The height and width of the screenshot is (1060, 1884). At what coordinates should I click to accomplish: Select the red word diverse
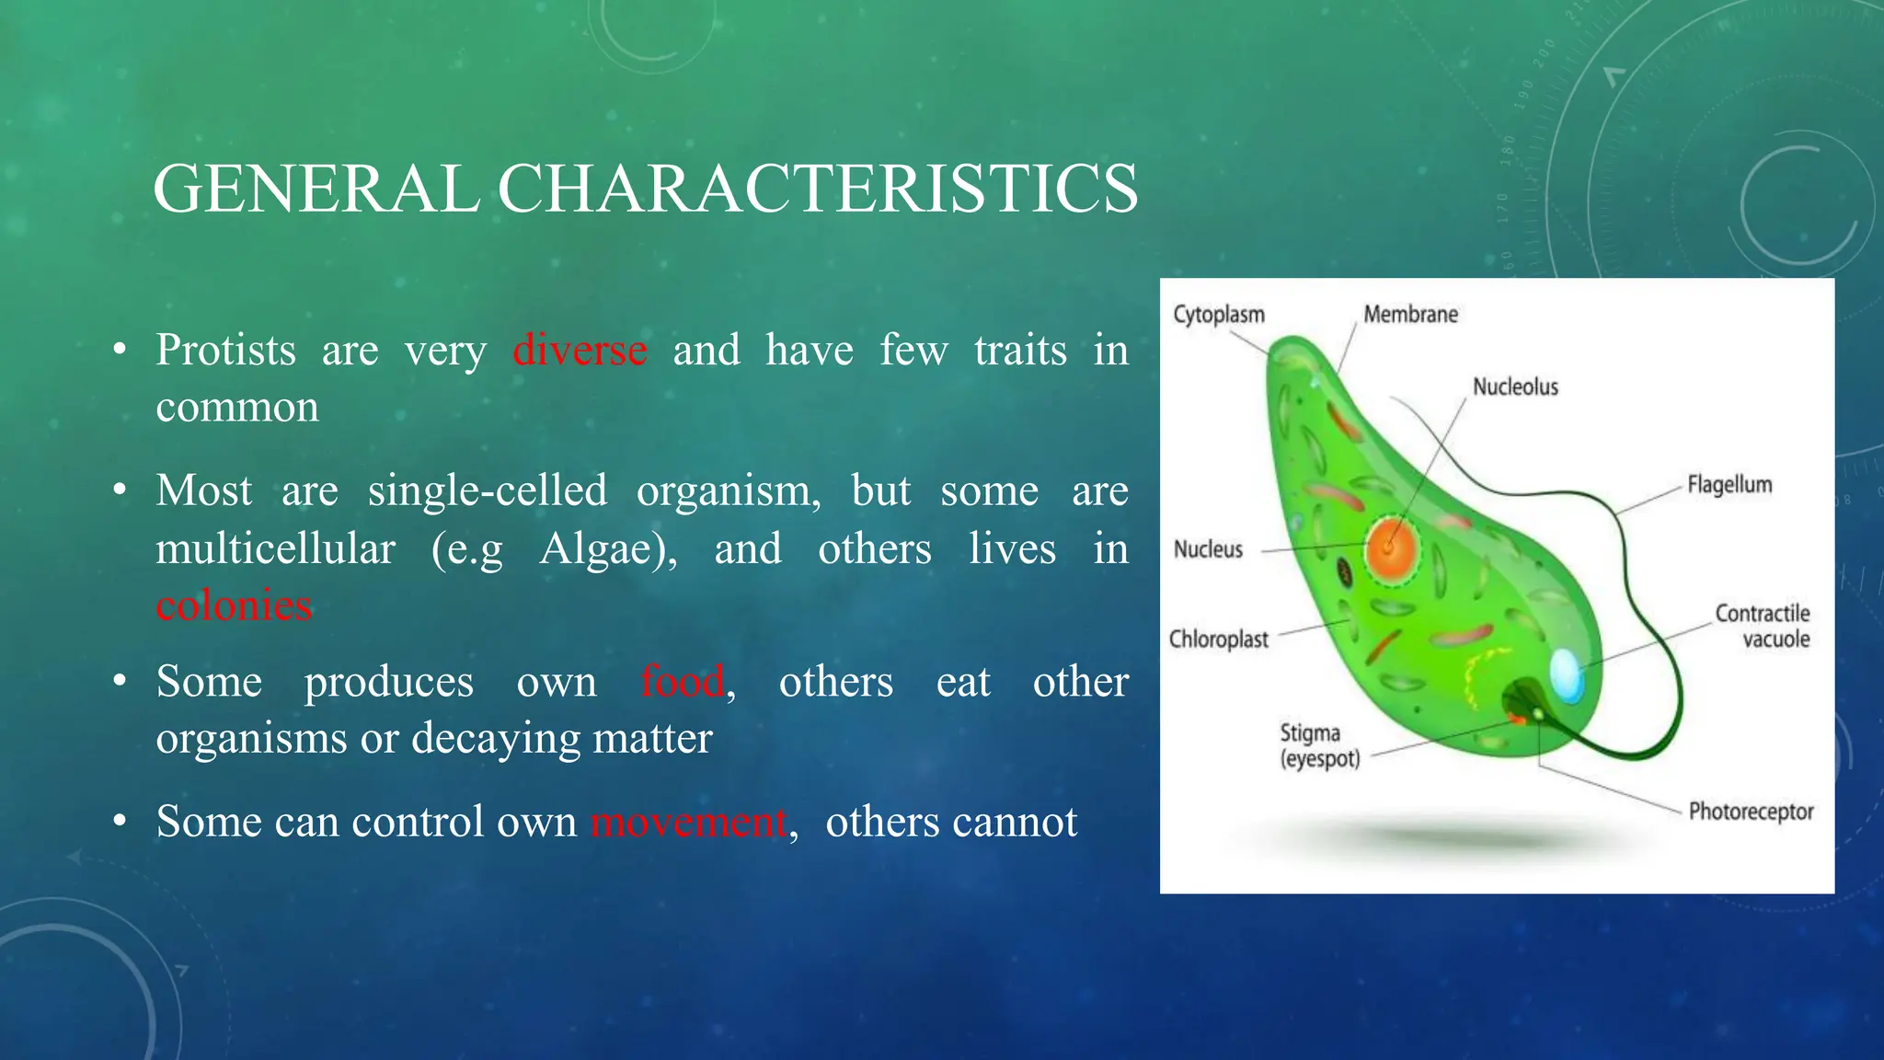580,351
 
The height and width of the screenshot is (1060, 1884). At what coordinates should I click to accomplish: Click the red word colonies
234,605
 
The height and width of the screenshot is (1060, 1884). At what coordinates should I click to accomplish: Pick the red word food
683,682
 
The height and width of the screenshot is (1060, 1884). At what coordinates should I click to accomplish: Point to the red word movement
688,822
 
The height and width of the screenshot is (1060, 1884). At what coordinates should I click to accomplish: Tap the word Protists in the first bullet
225,351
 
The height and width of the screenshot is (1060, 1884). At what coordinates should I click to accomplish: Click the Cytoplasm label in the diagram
1218,315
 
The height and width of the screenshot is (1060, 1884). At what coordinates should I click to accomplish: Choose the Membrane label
1410,315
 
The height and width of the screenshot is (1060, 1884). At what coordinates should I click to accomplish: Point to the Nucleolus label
1515,387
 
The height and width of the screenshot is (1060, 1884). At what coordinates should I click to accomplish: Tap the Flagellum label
1729,485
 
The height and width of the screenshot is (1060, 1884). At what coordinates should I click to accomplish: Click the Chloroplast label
1218,639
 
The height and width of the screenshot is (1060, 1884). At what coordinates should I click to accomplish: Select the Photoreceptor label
1751,812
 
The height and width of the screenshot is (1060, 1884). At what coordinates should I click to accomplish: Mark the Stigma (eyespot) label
1318,746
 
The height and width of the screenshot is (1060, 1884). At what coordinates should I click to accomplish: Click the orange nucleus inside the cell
1390,549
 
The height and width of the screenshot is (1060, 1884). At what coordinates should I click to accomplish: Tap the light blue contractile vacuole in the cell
1566,675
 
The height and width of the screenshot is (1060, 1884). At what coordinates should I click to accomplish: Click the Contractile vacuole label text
1762,627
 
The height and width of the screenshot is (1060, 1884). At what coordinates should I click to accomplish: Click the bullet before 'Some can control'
120,822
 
